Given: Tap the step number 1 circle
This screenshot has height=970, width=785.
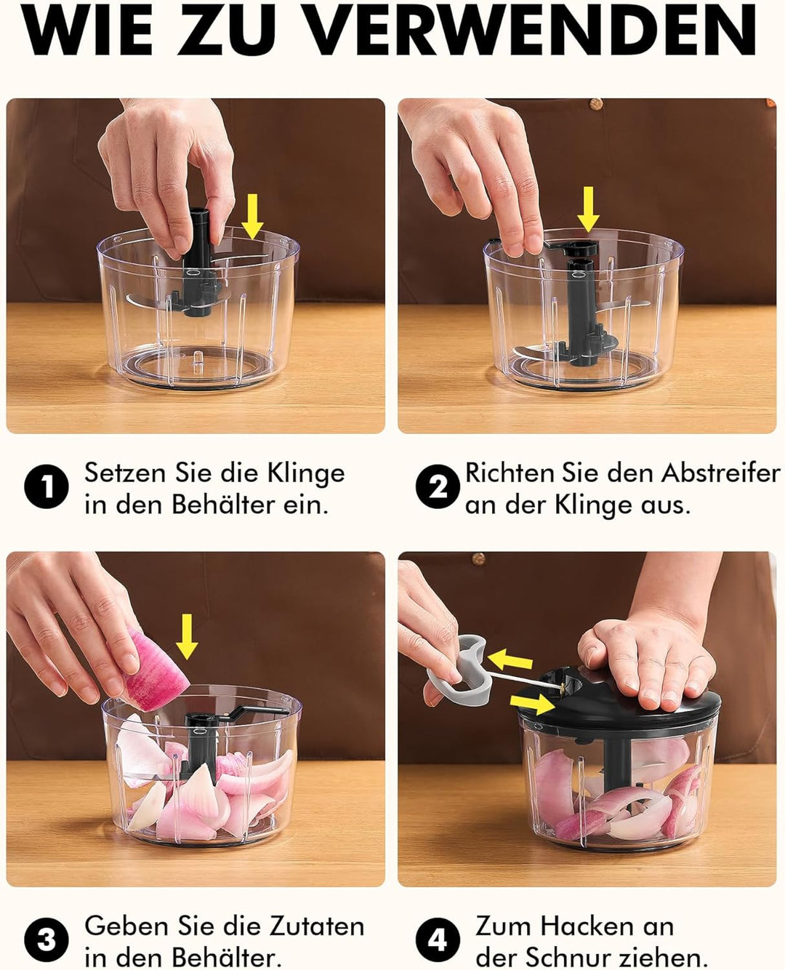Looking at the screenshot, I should (47, 487).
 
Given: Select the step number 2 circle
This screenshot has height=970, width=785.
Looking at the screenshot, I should (438, 487).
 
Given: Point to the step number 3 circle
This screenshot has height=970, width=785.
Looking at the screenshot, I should (47, 940).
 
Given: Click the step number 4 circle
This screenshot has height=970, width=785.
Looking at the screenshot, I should (438, 940).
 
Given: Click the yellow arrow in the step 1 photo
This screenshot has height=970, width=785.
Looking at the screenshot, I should (252, 216).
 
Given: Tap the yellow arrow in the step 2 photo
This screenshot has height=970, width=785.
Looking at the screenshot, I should (588, 208).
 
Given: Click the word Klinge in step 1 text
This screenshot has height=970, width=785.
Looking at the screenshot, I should (305, 473).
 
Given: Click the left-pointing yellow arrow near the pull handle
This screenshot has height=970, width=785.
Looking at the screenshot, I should (510, 660).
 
